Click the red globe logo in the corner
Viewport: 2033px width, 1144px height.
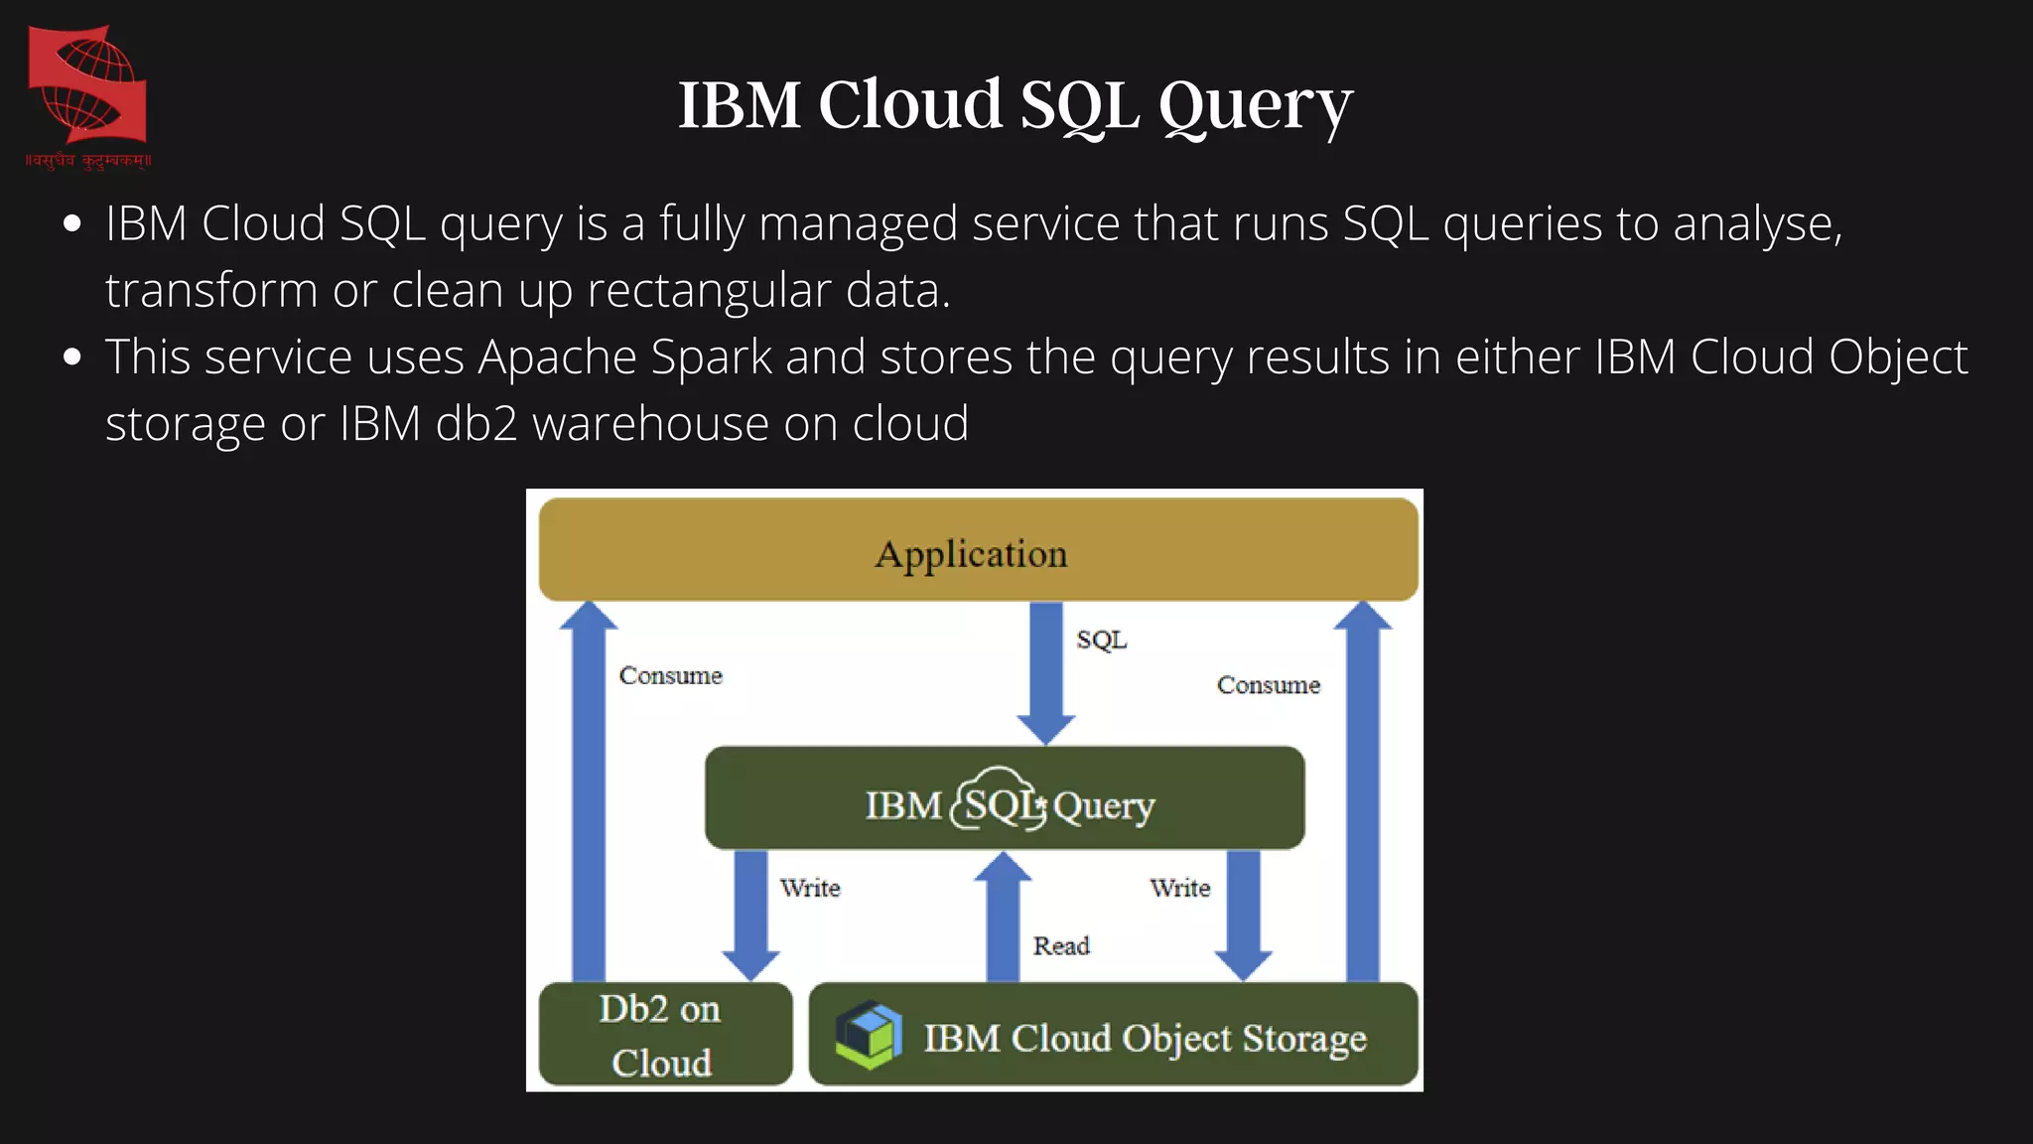coord(87,89)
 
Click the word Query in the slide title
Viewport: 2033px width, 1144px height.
coord(1255,105)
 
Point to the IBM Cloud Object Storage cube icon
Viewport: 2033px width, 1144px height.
coord(869,1035)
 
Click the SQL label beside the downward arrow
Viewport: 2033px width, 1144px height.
coord(1102,640)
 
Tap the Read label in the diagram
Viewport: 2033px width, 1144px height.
coord(1061,946)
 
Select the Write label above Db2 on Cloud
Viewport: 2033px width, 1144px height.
coord(810,888)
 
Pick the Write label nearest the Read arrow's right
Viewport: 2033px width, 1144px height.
coord(1180,888)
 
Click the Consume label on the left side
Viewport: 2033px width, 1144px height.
coord(671,676)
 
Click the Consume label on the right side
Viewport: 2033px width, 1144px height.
coord(1269,685)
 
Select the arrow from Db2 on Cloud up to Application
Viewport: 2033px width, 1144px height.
coord(589,794)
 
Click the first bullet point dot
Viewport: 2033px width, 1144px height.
coord(71,224)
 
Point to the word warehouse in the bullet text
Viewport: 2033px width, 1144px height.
coord(651,424)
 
